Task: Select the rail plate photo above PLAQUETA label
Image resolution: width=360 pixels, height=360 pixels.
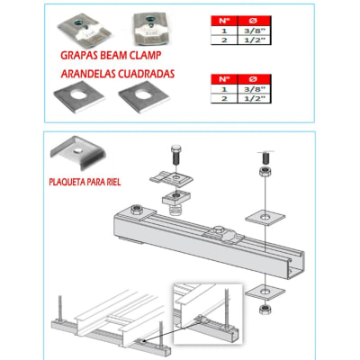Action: [x=71, y=153]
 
